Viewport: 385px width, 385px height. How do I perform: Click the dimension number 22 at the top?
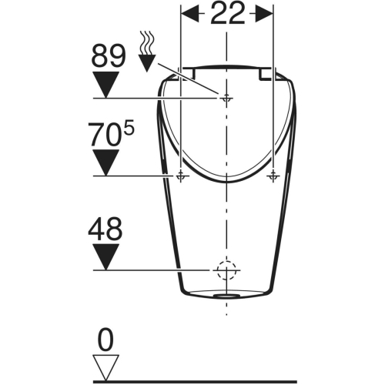227,14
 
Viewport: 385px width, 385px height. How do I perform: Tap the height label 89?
109,56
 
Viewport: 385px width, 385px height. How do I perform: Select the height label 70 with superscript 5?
111,135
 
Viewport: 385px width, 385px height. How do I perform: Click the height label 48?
105,228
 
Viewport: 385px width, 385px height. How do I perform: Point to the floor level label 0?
105,340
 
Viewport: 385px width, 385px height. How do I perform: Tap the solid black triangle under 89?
105,85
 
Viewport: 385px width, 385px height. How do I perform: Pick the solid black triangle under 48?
105,257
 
